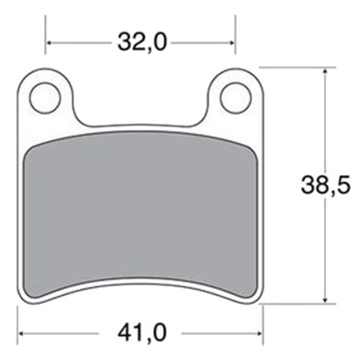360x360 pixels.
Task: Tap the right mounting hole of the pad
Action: point(235,93)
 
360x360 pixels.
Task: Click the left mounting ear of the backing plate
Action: point(46,96)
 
